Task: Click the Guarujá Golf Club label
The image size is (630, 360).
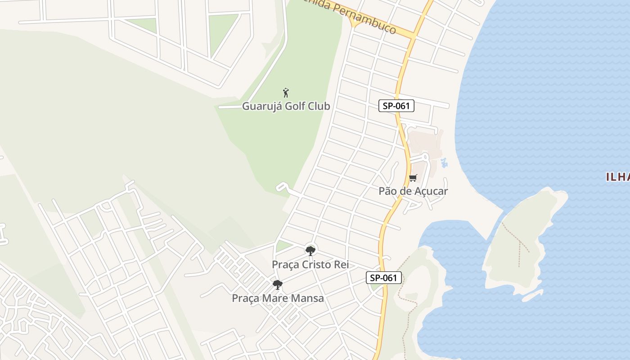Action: pyautogui.click(x=286, y=106)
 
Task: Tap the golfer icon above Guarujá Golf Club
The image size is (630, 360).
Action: pyautogui.click(x=286, y=93)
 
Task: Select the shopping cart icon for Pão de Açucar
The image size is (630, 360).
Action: pyautogui.click(x=413, y=178)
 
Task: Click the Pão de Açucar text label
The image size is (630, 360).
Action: pyautogui.click(x=413, y=191)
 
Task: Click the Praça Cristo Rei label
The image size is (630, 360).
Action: pyautogui.click(x=310, y=265)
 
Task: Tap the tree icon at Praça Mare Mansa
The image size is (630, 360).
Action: pyautogui.click(x=278, y=284)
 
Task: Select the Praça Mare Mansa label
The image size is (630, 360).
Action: pyautogui.click(x=278, y=298)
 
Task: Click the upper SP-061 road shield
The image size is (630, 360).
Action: pyautogui.click(x=396, y=106)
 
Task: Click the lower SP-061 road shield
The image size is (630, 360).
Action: pyautogui.click(x=383, y=278)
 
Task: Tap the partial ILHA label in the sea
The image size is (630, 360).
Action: pyautogui.click(x=618, y=177)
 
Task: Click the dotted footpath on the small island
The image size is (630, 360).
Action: pyautogui.click(x=517, y=238)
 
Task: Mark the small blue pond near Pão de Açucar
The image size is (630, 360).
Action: pyautogui.click(x=445, y=163)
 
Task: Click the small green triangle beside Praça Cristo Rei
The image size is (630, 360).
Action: pyautogui.click(x=283, y=246)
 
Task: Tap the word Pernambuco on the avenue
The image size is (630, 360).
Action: pyautogui.click(x=368, y=21)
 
